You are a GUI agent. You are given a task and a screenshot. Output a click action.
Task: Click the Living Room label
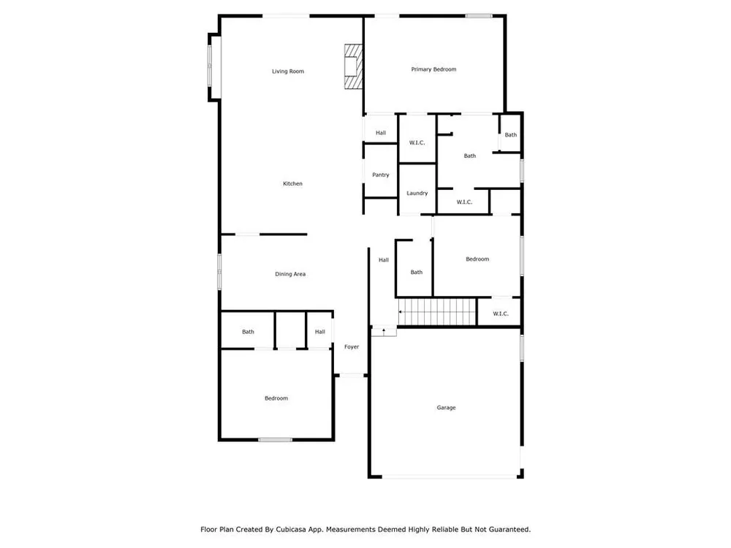pyautogui.click(x=287, y=72)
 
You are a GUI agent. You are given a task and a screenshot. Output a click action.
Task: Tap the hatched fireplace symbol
pyautogui.click(x=354, y=66)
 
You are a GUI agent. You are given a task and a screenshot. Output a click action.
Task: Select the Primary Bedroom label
pyautogui.click(x=433, y=69)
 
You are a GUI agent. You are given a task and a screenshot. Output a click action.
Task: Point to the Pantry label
pyautogui.click(x=380, y=175)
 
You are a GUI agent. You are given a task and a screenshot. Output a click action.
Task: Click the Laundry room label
pyautogui.click(x=417, y=193)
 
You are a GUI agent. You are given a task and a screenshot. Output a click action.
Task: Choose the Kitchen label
pyautogui.click(x=292, y=183)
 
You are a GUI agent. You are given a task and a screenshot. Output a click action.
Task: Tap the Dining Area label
pyautogui.click(x=290, y=274)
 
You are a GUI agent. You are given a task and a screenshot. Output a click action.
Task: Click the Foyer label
pyautogui.click(x=352, y=346)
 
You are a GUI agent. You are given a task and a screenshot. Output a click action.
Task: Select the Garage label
pyautogui.click(x=446, y=408)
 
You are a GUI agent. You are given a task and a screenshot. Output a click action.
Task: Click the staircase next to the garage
pyautogui.click(x=437, y=312)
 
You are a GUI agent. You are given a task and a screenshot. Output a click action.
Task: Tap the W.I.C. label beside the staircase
pyautogui.click(x=500, y=313)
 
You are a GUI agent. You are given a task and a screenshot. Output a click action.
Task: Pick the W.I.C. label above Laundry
pyautogui.click(x=417, y=142)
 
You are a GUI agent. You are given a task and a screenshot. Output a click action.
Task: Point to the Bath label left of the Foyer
pyautogui.click(x=248, y=332)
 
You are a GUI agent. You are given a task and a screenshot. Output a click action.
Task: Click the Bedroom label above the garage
pyautogui.click(x=477, y=259)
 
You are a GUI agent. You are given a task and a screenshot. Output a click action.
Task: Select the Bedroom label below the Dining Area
pyautogui.click(x=276, y=398)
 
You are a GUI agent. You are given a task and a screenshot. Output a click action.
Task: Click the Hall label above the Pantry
pyautogui.click(x=380, y=133)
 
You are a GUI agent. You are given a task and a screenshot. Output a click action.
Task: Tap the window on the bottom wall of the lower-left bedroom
pyautogui.click(x=275, y=439)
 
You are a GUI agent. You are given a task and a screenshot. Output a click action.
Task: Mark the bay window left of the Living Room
pyautogui.click(x=211, y=66)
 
